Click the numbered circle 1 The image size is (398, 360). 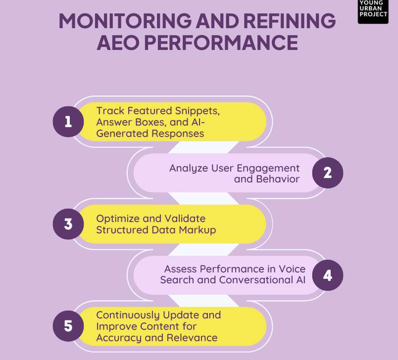[68, 122]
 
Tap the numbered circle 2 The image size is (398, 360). [327, 173]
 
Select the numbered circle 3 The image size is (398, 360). [68, 224]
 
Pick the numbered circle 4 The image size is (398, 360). [327, 275]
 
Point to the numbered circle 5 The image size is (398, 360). [68, 326]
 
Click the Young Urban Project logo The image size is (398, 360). [373, 11]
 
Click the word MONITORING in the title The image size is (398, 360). [125, 21]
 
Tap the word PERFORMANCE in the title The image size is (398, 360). [221, 43]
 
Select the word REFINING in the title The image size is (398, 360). [290, 21]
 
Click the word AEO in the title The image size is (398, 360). [118, 43]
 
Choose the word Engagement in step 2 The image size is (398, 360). [268, 169]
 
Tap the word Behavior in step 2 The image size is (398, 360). [278, 179]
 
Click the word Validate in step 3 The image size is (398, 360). [185, 219]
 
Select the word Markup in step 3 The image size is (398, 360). [198, 230]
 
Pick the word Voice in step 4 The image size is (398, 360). [292, 269]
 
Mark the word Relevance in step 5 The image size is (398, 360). [192, 338]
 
